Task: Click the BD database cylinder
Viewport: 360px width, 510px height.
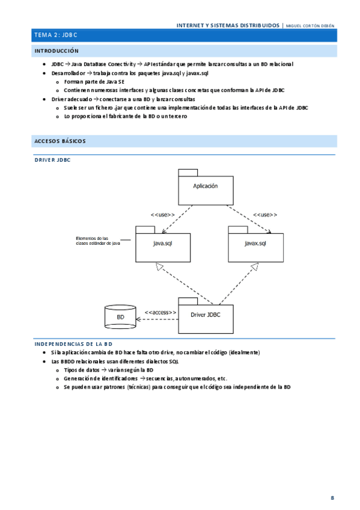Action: [x=120, y=317]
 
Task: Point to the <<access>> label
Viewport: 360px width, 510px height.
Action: [x=160, y=313]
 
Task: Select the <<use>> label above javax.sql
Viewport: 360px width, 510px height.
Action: [x=264, y=215]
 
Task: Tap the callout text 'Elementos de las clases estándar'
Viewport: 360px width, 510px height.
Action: [x=98, y=241]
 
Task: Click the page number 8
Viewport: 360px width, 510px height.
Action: [x=332, y=498]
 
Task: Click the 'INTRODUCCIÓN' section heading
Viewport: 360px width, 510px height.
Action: [x=56, y=52]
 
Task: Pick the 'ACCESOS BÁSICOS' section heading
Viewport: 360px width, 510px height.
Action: [x=60, y=141]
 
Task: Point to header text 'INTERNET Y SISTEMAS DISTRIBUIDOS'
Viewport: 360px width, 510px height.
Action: [x=228, y=26]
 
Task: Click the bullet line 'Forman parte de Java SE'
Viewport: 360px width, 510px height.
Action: [x=94, y=81]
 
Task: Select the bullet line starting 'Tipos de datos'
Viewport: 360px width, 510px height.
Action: [x=108, y=370]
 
